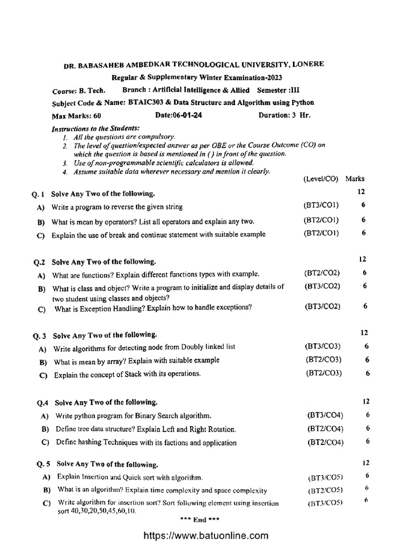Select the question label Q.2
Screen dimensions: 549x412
[x=40, y=262]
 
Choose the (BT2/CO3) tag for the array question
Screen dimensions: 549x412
[x=323, y=359]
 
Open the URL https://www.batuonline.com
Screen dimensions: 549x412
[x=205, y=535]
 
